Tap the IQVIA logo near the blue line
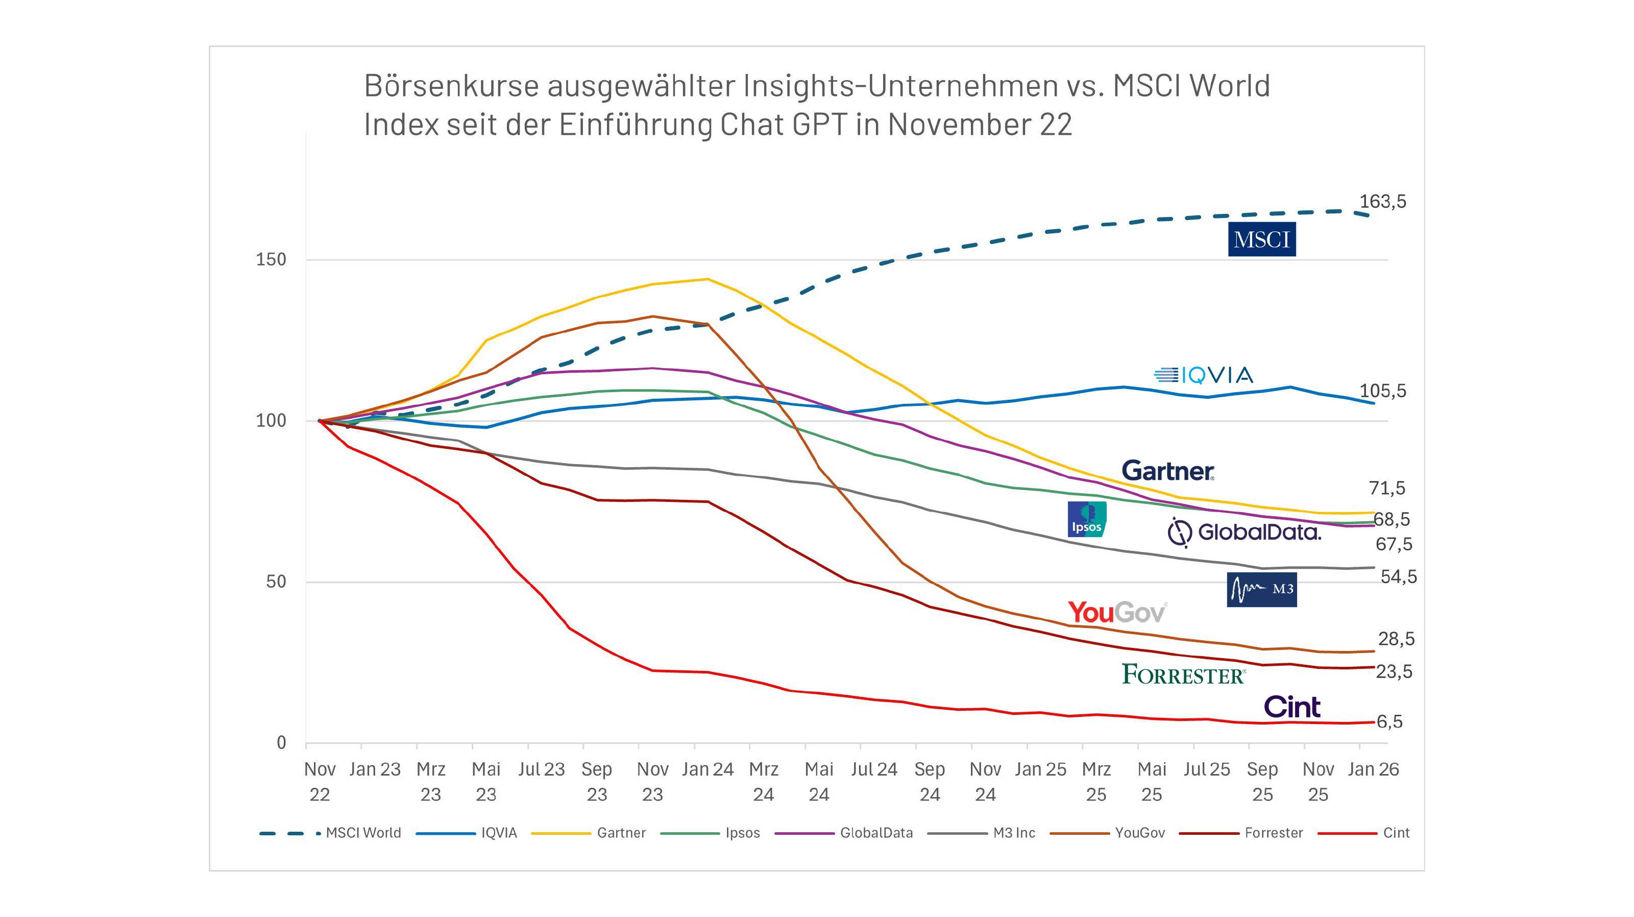(x=1203, y=375)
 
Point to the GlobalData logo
(x=1244, y=532)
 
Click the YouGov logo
(x=1117, y=612)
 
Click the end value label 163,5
(x=1382, y=202)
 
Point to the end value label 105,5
(x=1382, y=391)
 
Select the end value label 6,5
(x=1388, y=721)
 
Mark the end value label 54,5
(x=1398, y=577)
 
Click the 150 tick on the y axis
(x=271, y=259)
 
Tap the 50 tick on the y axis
(x=276, y=582)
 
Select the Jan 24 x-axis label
(x=708, y=769)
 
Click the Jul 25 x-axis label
(x=1206, y=769)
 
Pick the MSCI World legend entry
(x=363, y=833)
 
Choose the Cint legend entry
(x=1396, y=833)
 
